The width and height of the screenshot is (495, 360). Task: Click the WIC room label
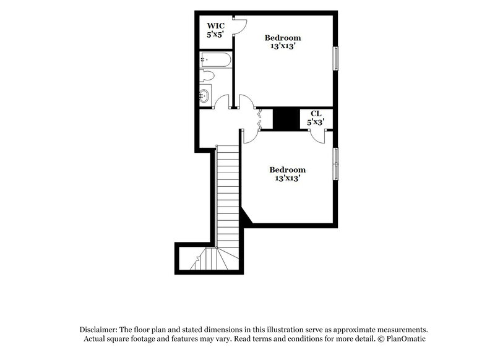215,25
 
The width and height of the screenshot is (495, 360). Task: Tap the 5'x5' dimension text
215,35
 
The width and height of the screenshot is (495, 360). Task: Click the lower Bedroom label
288,169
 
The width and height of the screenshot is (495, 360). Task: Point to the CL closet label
316,113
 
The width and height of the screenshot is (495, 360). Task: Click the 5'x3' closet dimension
316,122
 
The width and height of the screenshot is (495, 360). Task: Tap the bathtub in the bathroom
215,60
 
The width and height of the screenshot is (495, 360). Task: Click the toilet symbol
207,77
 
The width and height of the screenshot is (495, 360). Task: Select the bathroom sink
205,95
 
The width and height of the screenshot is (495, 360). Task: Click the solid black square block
286,119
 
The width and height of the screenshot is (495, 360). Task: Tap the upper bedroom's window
337,58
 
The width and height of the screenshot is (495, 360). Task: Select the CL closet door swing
317,135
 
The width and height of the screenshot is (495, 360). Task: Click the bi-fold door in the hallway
259,118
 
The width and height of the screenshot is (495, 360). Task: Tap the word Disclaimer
100,330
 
